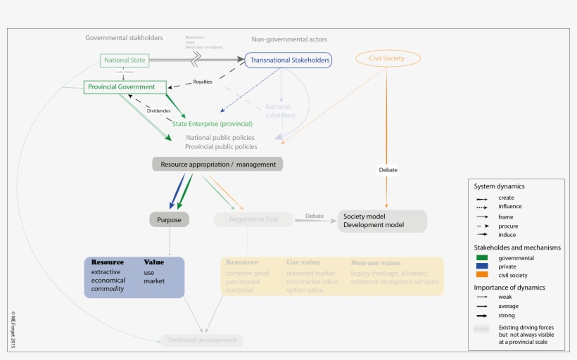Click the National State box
click(125, 60)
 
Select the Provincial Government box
click(125, 87)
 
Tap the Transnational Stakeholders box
click(288, 60)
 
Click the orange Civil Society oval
click(386, 58)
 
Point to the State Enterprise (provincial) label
click(212, 124)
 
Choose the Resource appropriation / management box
click(217, 164)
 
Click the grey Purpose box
click(169, 220)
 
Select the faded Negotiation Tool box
click(253, 220)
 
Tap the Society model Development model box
click(382, 221)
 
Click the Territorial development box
click(202, 340)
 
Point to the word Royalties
click(202, 82)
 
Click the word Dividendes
click(158, 110)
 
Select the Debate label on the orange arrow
click(388, 170)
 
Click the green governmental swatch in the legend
click(482, 258)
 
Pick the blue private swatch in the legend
click(482, 266)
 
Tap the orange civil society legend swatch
click(482, 276)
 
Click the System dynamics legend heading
click(499, 186)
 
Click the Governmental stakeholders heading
click(124, 38)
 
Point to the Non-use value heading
click(376, 263)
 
